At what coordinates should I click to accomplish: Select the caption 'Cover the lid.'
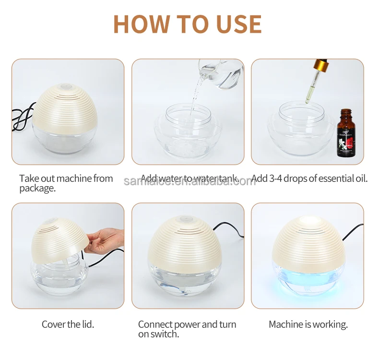tap(68, 324)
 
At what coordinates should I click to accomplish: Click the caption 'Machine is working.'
tap(308, 324)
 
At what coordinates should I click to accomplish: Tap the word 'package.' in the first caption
tap(37, 188)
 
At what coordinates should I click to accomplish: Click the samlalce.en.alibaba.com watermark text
tap(189, 181)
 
